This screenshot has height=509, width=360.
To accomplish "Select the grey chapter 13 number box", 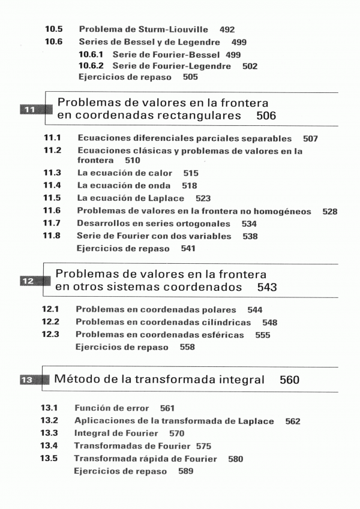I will pyautogui.click(x=29, y=380).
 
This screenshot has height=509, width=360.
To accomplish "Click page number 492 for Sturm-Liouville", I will pyautogui.click(x=227, y=29).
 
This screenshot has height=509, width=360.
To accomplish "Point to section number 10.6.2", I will pyautogui.click(x=92, y=66).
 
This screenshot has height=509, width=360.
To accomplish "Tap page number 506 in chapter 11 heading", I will pyautogui.click(x=266, y=115).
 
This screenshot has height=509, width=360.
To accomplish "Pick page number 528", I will pyautogui.click(x=329, y=211).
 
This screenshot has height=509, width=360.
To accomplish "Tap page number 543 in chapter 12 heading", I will pyautogui.click(x=267, y=287).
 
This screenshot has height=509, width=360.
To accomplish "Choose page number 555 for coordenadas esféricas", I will pyautogui.click(x=262, y=335).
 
